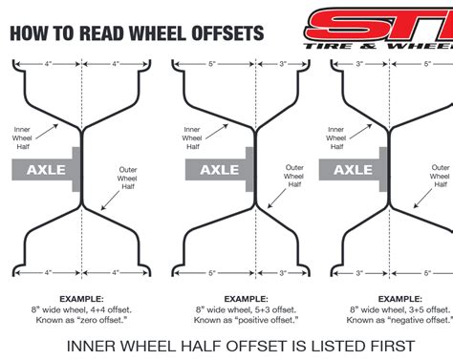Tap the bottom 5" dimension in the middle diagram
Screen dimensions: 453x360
211,273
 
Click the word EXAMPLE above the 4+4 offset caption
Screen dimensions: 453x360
81,298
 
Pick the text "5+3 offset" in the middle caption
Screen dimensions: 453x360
267,308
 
